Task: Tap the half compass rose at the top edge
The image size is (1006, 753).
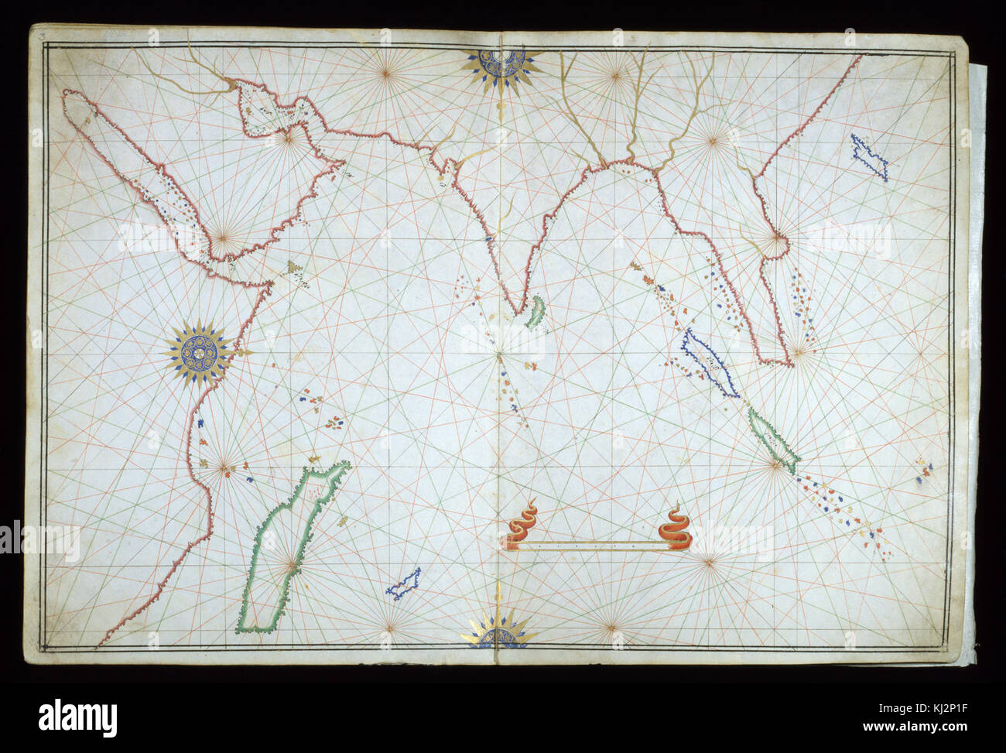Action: point(501,66)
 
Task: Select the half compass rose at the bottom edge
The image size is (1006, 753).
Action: point(499,631)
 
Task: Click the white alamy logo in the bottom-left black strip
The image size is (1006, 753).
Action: point(77,717)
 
